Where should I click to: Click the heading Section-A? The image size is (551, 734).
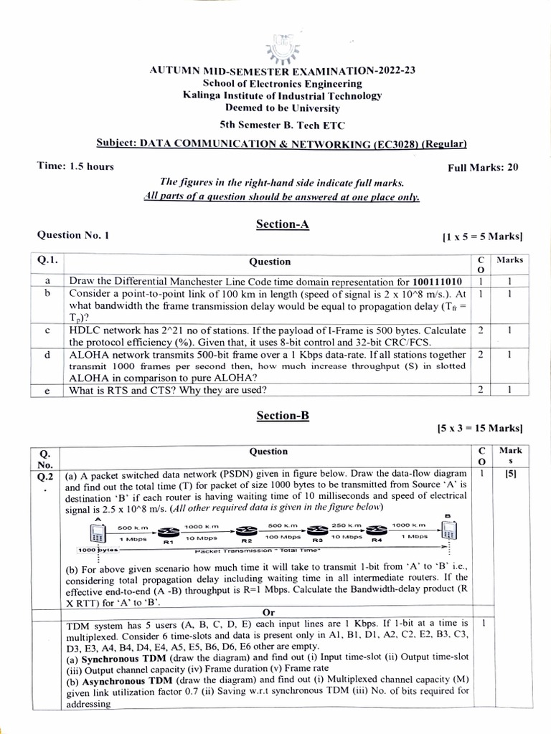(282, 224)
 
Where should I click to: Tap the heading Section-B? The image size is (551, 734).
(282, 415)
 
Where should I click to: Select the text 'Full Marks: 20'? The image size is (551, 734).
(483, 168)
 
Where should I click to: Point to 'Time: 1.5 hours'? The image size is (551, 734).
(75, 166)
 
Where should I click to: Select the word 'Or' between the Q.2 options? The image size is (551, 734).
(270, 613)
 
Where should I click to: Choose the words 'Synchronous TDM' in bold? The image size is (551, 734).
(116, 657)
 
